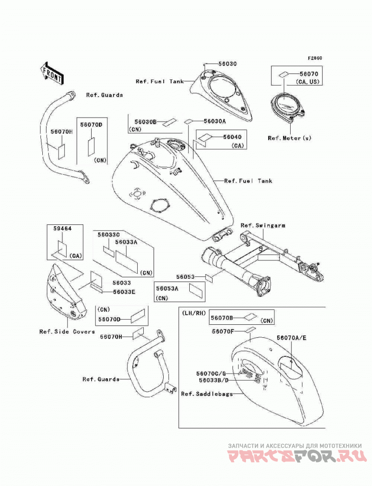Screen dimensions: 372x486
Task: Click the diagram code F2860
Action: tap(315, 58)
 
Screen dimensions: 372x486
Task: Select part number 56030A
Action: tap(215, 121)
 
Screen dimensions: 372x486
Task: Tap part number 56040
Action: tap(232, 137)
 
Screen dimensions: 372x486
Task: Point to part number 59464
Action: tap(62, 229)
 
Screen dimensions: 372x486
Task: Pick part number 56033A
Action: tap(126, 242)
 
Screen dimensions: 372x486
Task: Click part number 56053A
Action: tap(167, 289)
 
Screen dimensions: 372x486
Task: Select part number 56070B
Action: tap(222, 318)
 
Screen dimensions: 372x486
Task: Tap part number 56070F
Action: tap(223, 331)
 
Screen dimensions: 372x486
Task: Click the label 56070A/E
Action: tap(292, 338)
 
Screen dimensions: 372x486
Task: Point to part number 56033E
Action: tap(124, 292)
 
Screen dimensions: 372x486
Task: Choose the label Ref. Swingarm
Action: tap(263, 225)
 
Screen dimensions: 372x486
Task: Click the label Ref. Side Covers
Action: tap(67, 332)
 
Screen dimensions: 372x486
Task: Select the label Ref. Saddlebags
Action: tap(207, 394)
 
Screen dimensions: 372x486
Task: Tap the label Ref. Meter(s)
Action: tap(290, 138)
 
